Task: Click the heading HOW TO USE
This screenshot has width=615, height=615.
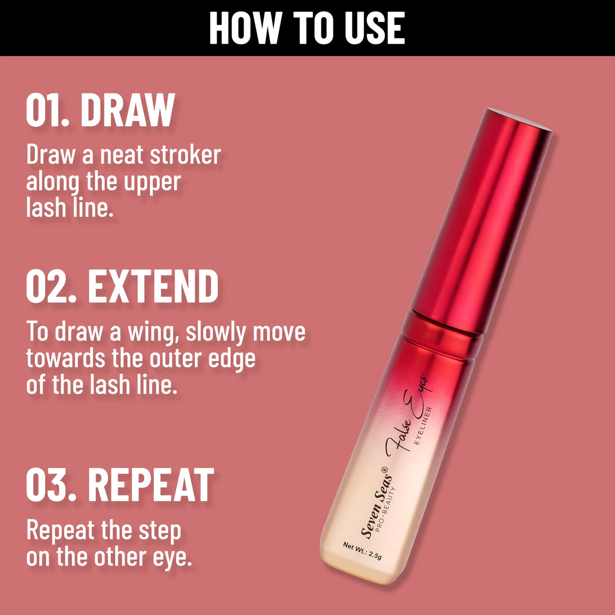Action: tap(307, 28)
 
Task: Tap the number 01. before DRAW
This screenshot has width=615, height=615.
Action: tap(48, 110)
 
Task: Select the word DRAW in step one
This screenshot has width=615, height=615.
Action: tap(127, 110)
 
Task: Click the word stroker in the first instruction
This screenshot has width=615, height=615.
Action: tap(185, 155)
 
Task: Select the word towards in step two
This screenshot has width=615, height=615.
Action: tap(66, 358)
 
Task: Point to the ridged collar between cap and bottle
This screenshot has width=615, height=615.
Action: tap(442, 333)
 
